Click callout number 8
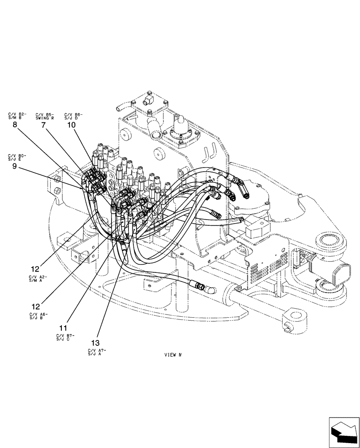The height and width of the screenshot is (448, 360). point(15,126)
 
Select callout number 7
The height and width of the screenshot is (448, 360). point(43,126)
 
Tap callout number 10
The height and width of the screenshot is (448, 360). point(71,126)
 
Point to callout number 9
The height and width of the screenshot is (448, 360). point(15,165)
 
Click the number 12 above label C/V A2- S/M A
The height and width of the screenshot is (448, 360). point(35,269)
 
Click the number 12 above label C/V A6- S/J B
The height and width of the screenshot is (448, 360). point(35,307)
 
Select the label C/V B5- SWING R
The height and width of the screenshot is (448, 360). point(45,116)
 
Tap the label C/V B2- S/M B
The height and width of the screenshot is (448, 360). point(17,116)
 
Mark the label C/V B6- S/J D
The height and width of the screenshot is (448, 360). point(73,116)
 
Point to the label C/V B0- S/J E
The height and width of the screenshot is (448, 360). point(17,157)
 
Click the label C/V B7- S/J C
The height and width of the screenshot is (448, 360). point(65,337)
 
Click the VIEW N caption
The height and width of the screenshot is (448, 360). point(172,354)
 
